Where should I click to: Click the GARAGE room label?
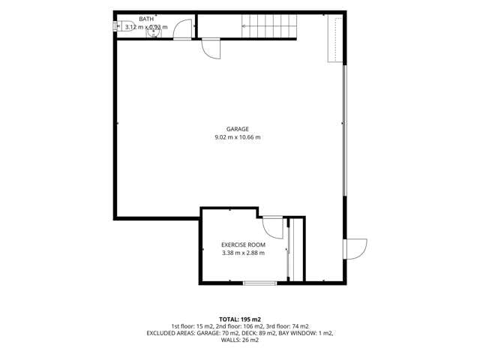pyautogui.click(x=238, y=129)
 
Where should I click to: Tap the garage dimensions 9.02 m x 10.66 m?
pyautogui.click(x=238, y=137)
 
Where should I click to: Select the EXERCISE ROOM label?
pyautogui.click(x=243, y=245)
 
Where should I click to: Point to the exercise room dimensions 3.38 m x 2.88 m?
pyautogui.click(x=243, y=253)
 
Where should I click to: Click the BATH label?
pyautogui.click(x=146, y=19)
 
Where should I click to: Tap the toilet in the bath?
pyautogui.click(x=119, y=26)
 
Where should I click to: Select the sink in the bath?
pyautogui.click(x=154, y=32)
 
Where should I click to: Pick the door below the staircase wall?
pyautogui.click(x=211, y=48)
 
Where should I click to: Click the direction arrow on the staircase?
pyautogui.click(x=269, y=26)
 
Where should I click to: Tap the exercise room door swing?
pyautogui.click(x=272, y=228)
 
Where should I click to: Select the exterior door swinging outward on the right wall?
pyautogui.click(x=355, y=249)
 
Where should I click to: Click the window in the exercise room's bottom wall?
pyautogui.click(x=260, y=283)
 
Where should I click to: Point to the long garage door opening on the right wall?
pyautogui.click(x=344, y=130)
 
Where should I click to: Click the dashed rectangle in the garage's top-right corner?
pyautogui.click(x=335, y=38)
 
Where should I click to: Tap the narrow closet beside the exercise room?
pyautogui.click(x=296, y=249)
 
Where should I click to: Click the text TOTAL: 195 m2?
pyautogui.click(x=240, y=320)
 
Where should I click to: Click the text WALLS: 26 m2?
pyautogui.click(x=240, y=340)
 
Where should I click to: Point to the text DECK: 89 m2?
pyautogui.click(x=258, y=333)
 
